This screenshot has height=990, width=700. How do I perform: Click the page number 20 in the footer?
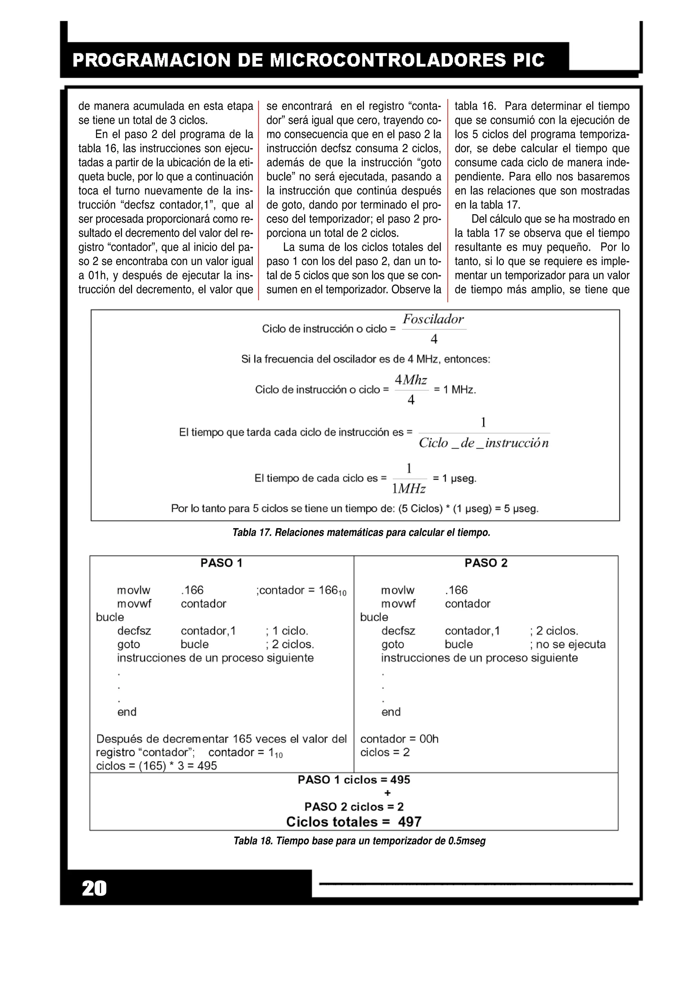click(x=94, y=889)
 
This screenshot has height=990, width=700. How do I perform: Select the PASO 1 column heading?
click(x=221, y=563)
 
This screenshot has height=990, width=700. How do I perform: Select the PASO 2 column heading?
click(x=486, y=563)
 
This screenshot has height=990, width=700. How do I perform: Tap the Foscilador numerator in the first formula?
click(x=433, y=319)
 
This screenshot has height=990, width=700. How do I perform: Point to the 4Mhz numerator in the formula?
click(x=410, y=380)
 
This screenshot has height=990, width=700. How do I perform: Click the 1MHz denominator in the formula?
click(x=408, y=489)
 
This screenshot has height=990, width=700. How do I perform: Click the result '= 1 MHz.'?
click(x=455, y=390)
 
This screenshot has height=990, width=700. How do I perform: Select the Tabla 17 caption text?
click(x=361, y=533)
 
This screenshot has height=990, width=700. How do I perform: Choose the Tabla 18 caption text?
click(x=359, y=841)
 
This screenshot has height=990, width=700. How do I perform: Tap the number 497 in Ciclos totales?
click(x=409, y=822)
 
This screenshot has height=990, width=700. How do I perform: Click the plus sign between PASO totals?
click(x=387, y=793)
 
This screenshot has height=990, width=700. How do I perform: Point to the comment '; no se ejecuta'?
click(x=568, y=645)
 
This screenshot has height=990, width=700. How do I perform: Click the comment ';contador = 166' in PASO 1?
click(x=301, y=590)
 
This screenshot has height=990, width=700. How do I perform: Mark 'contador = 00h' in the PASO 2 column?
click(x=399, y=739)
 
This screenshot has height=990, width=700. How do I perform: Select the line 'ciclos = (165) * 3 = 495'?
click(x=156, y=766)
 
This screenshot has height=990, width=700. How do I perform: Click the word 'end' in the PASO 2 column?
click(x=391, y=712)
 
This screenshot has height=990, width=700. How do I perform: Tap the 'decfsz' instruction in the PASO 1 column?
click(x=134, y=631)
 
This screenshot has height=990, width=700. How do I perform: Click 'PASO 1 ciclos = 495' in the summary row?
click(x=354, y=780)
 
